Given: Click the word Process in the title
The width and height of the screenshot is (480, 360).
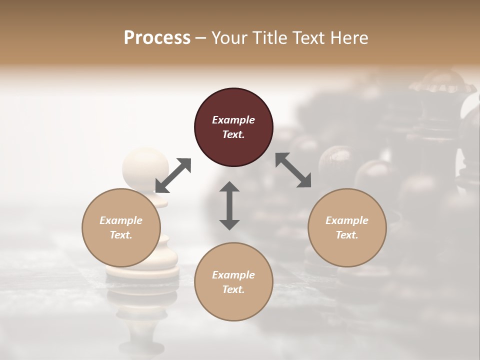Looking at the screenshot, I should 157,38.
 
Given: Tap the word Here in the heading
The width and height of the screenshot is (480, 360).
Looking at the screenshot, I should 348,38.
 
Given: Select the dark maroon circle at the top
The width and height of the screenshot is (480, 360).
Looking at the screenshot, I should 233,127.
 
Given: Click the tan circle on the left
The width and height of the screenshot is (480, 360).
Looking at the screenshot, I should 121,227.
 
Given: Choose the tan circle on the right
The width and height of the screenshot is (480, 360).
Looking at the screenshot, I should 347,227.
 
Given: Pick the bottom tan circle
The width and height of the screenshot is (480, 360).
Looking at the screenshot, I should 233,281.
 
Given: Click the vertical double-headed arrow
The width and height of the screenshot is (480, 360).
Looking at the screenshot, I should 229,205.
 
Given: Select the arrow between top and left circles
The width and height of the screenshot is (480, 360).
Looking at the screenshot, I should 173,175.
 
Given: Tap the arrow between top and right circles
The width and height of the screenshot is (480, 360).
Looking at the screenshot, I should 293,170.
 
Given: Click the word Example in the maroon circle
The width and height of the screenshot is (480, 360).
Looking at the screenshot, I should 233,120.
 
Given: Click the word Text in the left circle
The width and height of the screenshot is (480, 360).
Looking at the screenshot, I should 120,235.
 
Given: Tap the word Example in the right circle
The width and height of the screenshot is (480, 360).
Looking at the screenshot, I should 347,220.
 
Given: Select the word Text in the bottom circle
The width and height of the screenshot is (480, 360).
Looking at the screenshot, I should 233,289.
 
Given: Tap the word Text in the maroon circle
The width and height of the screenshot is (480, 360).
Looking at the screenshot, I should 233,134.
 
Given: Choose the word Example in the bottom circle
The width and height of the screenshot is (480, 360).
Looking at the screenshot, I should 233,275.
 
